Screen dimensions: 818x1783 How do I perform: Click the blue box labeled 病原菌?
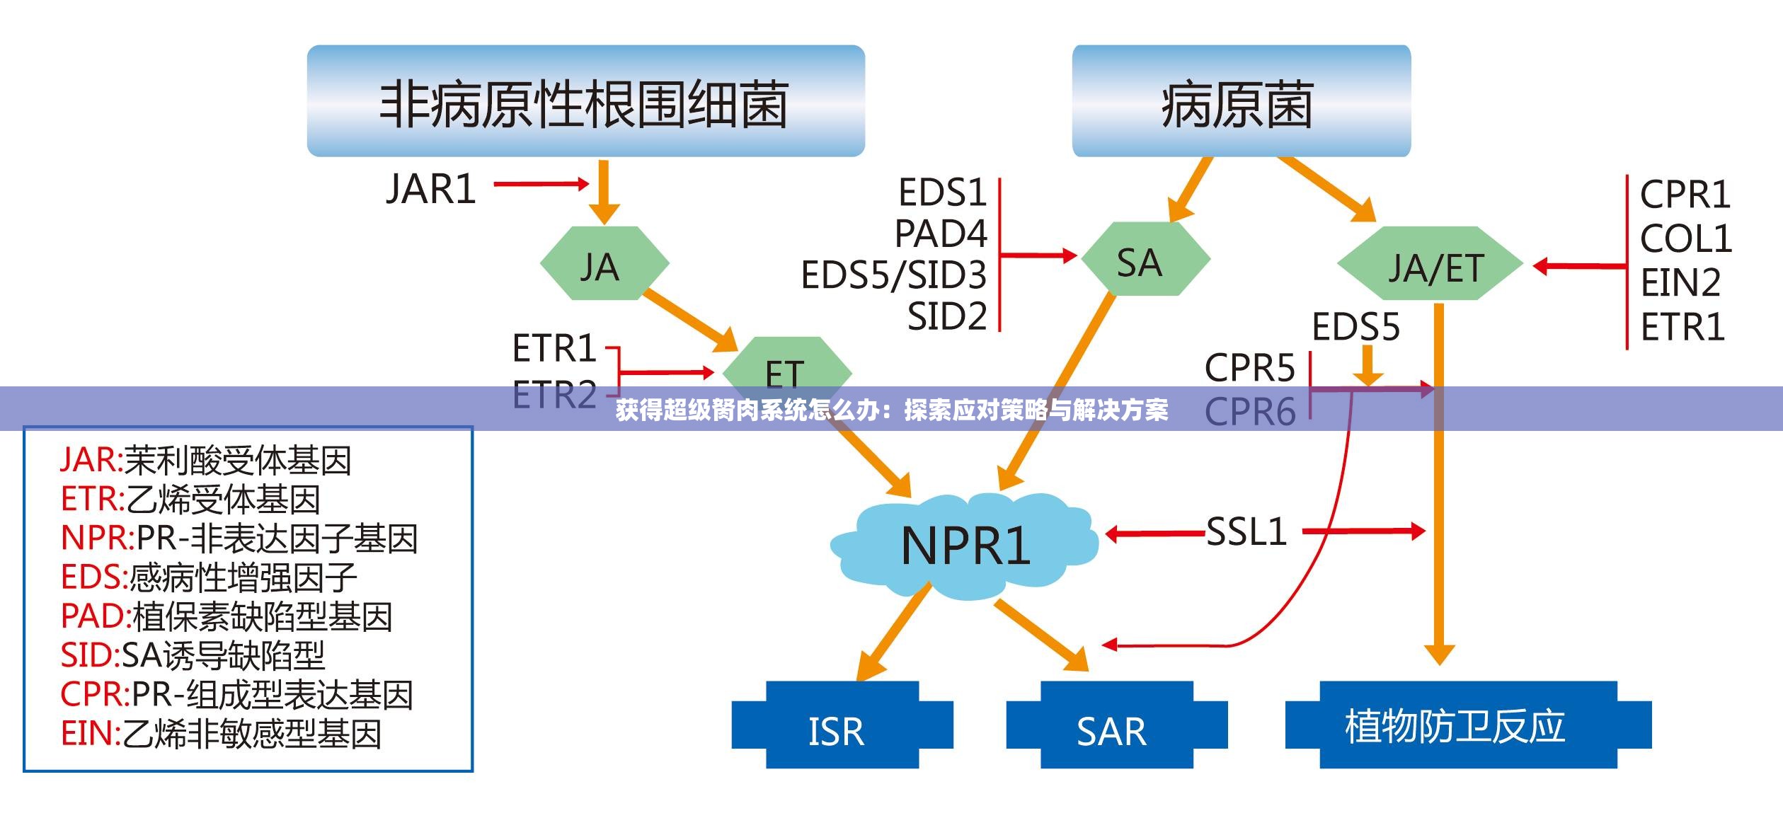[x=1241, y=101]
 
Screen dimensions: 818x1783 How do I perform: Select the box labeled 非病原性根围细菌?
[x=585, y=101]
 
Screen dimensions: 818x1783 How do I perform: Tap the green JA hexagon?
[x=604, y=264]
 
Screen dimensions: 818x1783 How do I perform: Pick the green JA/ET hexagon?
[x=1431, y=265]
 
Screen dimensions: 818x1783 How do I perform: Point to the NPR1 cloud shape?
[x=965, y=546]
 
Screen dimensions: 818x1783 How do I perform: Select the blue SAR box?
[x=1116, y=725]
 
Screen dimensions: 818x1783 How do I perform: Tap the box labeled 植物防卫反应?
[x=1467, y=725]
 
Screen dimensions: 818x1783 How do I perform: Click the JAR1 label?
[x=431, y=190]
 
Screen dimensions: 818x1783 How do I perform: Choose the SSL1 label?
[x=1246, y=531]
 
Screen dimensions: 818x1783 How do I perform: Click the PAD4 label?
[x=941, y=234]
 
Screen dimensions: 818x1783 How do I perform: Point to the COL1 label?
[x=1685, y=238]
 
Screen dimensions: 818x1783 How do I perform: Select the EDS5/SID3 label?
[x=893, y=275]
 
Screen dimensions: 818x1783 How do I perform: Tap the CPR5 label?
[x=1249, y=368]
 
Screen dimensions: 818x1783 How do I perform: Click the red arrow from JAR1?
[x=541, y=184]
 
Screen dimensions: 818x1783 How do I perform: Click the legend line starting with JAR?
[x=206, y=461]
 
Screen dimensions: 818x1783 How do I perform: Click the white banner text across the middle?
[x=891, y=410]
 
